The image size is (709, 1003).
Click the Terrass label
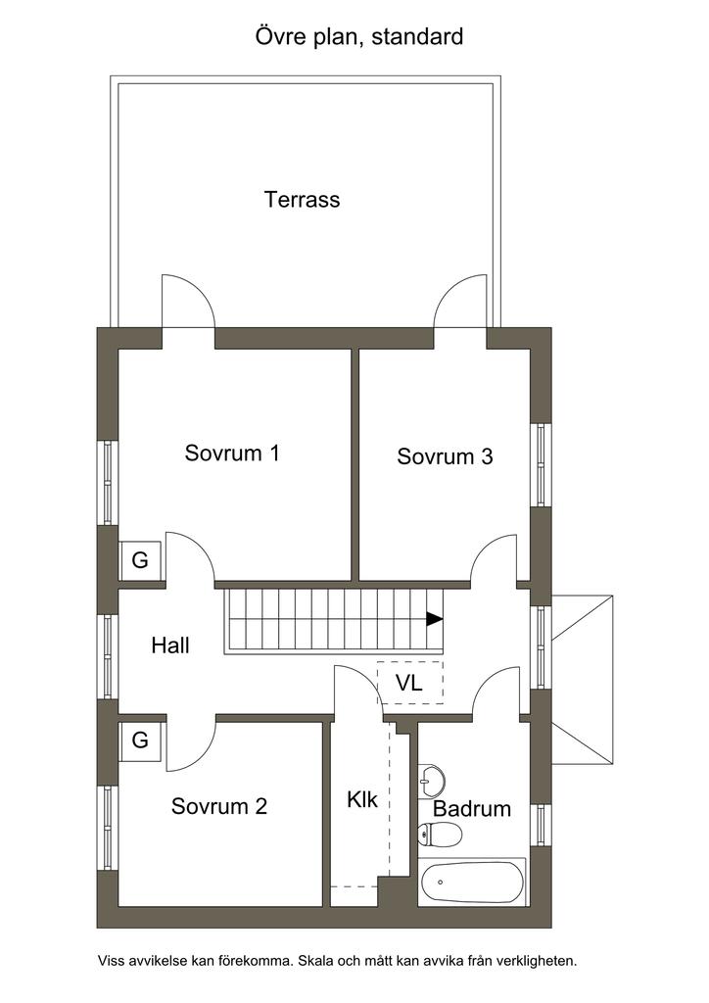point(302,200)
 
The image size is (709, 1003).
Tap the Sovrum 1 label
point(232,453)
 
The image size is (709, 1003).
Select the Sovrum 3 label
point(445,456)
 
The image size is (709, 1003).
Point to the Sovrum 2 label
point(219,806)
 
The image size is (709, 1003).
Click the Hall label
point(170,645)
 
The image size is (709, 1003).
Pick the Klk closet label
point(362,799)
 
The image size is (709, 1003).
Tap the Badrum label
point(472,808)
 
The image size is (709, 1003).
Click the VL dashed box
point(409,683)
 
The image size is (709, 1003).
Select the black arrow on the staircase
point(435,619)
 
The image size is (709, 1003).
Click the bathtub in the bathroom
point(472,883)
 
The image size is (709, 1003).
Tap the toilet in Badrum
point(440,835)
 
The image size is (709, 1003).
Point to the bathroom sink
point(432,781)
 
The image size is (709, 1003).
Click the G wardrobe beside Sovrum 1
point(140,560)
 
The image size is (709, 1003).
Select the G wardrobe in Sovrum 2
point(140,740)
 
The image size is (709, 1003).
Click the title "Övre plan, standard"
point(359,36)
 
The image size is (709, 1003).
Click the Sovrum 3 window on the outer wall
point(541,465)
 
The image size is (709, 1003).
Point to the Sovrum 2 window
point(108,828)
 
